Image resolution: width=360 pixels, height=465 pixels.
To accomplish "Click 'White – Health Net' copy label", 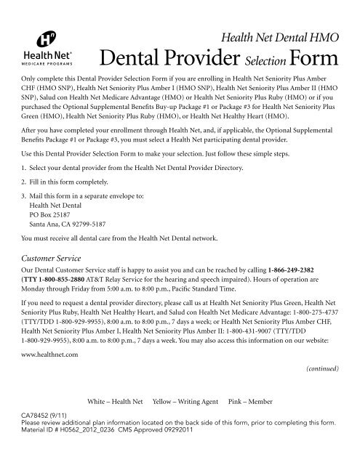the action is [x=115, y=421].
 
